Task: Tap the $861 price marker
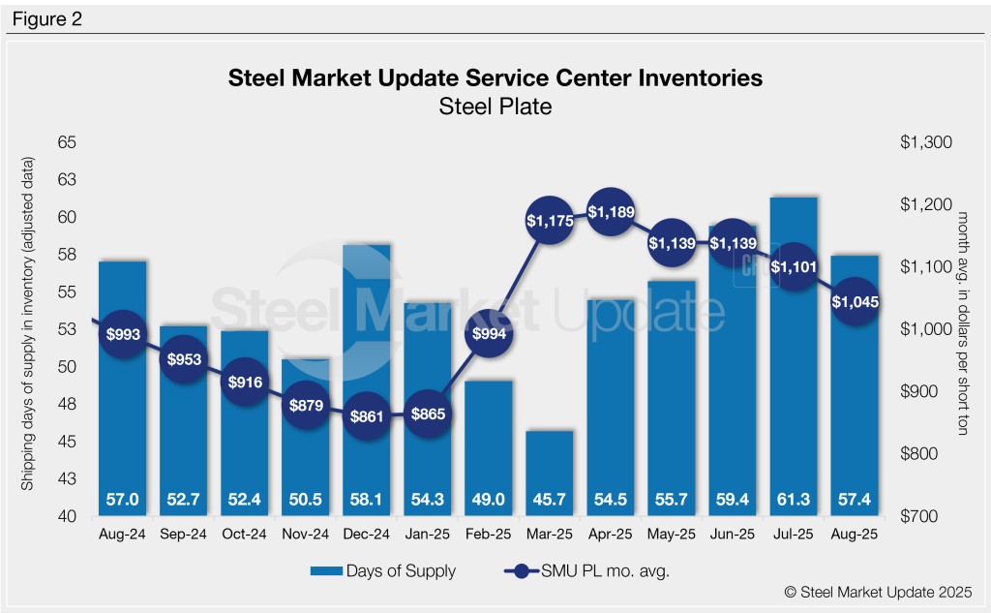368,417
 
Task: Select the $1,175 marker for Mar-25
550,221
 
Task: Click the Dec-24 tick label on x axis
368,534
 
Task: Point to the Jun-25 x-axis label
732,534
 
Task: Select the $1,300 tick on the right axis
926,142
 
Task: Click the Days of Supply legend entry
383,571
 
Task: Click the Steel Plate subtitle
495,107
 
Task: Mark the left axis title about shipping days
29,329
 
